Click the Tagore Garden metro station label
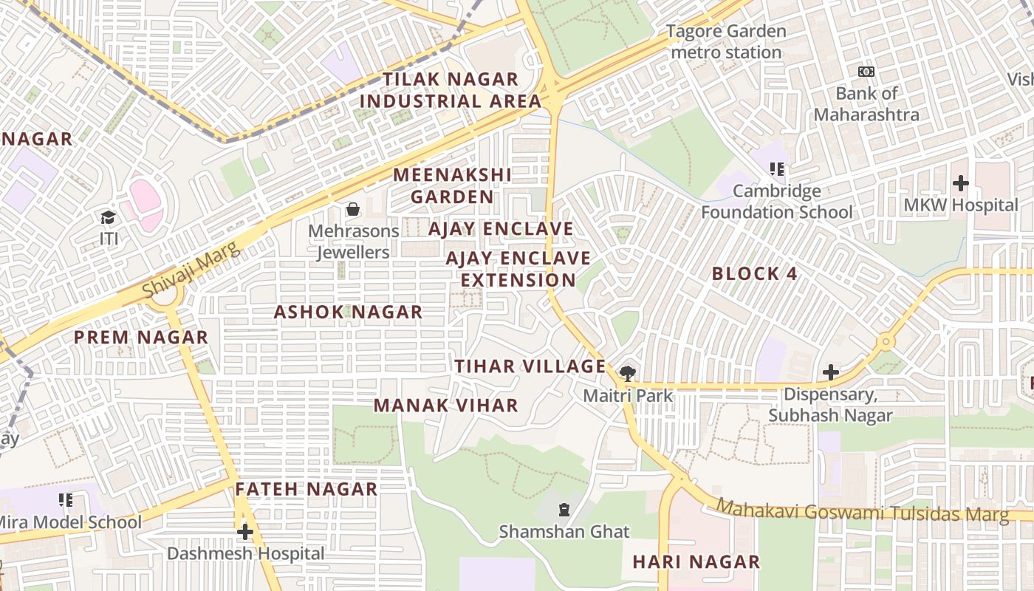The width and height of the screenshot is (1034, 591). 726,42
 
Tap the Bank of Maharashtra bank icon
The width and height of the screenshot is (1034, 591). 866,72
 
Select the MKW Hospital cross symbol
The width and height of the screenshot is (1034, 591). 960,182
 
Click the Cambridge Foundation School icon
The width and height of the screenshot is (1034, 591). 776,169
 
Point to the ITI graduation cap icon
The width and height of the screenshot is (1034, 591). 109,217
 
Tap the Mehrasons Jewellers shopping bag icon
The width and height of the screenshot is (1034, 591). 353,209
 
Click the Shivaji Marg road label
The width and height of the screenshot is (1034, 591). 191,270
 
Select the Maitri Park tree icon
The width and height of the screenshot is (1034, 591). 628,373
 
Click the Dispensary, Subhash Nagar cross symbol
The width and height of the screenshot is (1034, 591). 831,372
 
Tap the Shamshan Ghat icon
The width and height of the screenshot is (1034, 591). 564,509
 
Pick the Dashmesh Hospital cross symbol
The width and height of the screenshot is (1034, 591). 244,532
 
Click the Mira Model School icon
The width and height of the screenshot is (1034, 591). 66,500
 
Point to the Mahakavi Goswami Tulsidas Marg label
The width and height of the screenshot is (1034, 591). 862,511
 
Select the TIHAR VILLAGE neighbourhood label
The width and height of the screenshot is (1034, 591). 530,366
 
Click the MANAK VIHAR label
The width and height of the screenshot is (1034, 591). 445,406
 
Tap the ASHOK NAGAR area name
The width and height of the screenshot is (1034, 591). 348,312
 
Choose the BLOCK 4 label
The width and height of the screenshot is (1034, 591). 754,274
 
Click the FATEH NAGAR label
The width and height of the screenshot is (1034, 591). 307,489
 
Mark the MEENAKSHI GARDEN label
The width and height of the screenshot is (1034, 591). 452,186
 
